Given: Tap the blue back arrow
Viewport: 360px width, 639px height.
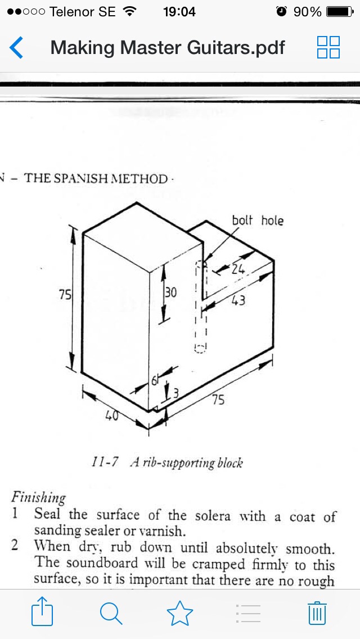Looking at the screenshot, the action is coord(16,48).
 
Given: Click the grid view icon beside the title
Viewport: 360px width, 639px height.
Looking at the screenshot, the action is coord(328,47).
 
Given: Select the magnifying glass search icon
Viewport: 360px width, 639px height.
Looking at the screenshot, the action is coord(110,613).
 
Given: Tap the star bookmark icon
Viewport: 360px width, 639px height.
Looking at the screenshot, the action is coord(179,612).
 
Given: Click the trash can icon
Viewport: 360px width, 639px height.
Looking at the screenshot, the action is coord(317,613).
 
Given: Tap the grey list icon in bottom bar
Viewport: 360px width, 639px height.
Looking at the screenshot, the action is coord(248,613).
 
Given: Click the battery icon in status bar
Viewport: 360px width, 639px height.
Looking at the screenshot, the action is coord(339,11).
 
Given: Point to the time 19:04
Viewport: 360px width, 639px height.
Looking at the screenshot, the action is coord(179,12).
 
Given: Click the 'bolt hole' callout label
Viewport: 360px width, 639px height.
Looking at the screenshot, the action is coord(258,220).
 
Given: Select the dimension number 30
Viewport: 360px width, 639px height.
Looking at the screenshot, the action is coord(171,292).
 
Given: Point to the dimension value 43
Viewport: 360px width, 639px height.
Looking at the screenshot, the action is coord(238,301).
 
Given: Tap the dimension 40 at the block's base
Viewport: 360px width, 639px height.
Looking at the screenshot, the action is coord(112,416).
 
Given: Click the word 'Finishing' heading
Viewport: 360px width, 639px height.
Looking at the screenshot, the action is coord(38,498).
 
